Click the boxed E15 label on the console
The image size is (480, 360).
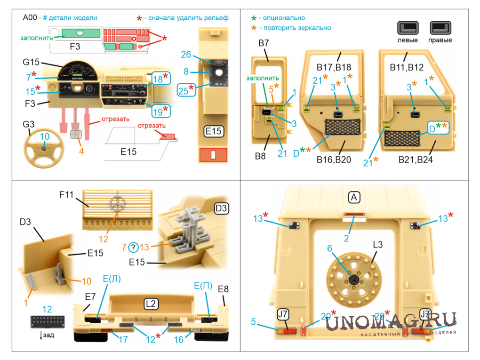tap(214, 131)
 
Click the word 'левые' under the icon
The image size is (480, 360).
tap(408, 40)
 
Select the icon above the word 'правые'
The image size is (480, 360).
tap(440, 28)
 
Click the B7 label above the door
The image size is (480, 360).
tap(264, 43)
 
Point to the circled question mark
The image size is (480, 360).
tap(133, 247)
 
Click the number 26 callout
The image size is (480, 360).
tap(186, 55)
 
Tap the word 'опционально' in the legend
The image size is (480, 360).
tap(284, 18)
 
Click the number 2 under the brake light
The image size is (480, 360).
tap(346, 238)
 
